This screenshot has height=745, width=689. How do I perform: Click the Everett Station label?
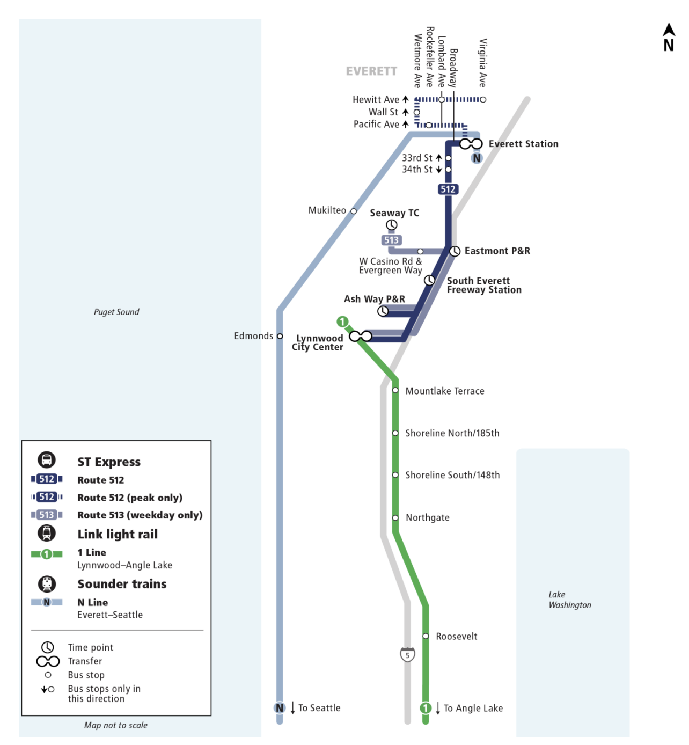pos(523,144)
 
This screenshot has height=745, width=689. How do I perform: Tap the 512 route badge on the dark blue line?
pos(448,189)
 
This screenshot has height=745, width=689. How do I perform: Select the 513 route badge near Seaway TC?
pos(391,240)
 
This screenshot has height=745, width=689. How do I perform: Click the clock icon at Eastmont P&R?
pos(455,251)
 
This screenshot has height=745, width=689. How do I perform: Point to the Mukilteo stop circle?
pos(354,211)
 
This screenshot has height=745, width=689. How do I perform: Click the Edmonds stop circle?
pos(280,336)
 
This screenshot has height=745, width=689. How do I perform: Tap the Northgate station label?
pos(427,518)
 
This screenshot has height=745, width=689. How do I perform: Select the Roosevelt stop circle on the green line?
pos(426,636)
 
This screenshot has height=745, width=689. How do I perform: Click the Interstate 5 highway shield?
pos(408,655)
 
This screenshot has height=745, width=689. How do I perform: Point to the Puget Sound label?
pos(116,312)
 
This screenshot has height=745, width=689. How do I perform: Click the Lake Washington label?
pos(569,600)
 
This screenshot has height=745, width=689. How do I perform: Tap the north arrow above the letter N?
pos(669,30)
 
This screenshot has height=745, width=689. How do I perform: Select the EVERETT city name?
pos(371,71)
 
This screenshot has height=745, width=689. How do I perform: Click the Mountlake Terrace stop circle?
pos(395,390)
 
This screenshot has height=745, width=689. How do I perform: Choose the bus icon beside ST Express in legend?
pos(47,460)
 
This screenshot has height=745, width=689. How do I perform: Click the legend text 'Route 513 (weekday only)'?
pos(140,515)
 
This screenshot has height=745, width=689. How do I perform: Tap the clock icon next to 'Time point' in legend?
pos(48,647)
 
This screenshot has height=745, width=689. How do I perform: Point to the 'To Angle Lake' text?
pos(473,708)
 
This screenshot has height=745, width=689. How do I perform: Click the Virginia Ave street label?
pos(483,63)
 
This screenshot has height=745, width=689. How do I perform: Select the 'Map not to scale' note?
pos(116,725)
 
